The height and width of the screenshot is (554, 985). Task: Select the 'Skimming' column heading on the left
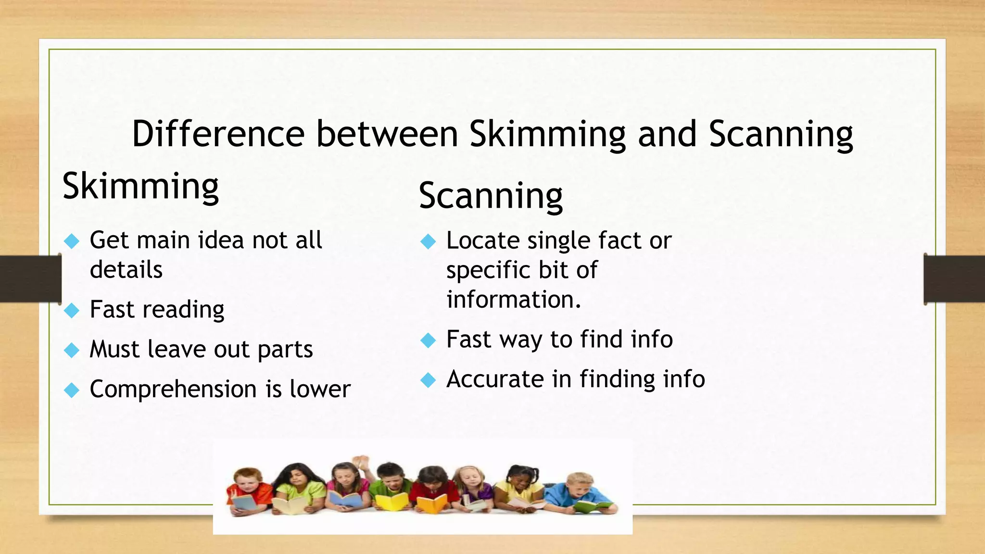coord(140,187)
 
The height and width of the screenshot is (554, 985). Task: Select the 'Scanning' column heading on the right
coord(491,196)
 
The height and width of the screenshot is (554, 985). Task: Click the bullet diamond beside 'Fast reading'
coord(72,311)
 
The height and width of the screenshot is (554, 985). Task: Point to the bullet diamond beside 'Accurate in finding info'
coord(428,380)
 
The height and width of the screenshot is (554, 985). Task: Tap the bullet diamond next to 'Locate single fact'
coord(428,241)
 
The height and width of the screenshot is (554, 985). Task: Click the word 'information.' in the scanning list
coord(514,300)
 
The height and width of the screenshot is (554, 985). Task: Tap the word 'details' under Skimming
coord(126,269)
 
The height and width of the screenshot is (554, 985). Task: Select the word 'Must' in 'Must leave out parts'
coord(114,349)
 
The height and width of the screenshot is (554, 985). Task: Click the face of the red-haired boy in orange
coord(247,480)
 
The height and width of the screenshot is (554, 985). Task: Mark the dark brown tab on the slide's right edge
coord(954,279)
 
